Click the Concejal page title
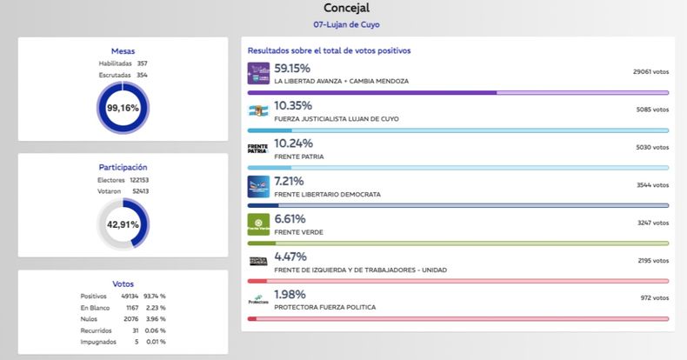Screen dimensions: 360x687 [x=346, y=9]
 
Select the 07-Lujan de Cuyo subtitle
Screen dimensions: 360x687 [x=346, y=24]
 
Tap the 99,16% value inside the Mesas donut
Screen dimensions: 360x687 [x=123, y=108]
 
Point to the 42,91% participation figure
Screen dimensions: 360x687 [x=123, y=223]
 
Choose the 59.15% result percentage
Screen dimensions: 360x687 [x=292, y=68]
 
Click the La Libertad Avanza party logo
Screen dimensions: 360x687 [x=259, y=73]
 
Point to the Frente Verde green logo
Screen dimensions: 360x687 [x=259, y=224]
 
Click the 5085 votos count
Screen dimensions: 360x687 [x=651, y=110]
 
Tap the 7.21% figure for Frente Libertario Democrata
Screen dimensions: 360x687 [x=289, y=181]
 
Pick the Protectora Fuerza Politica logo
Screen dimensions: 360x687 [x=259, y=300]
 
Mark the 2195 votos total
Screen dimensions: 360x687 [x=651, y=260]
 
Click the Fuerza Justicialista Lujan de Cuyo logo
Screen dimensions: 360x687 [x=259, y=110]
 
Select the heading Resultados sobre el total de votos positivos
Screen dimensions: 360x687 [x=330, y=50]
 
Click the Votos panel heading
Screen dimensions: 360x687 [x=123, y=283]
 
